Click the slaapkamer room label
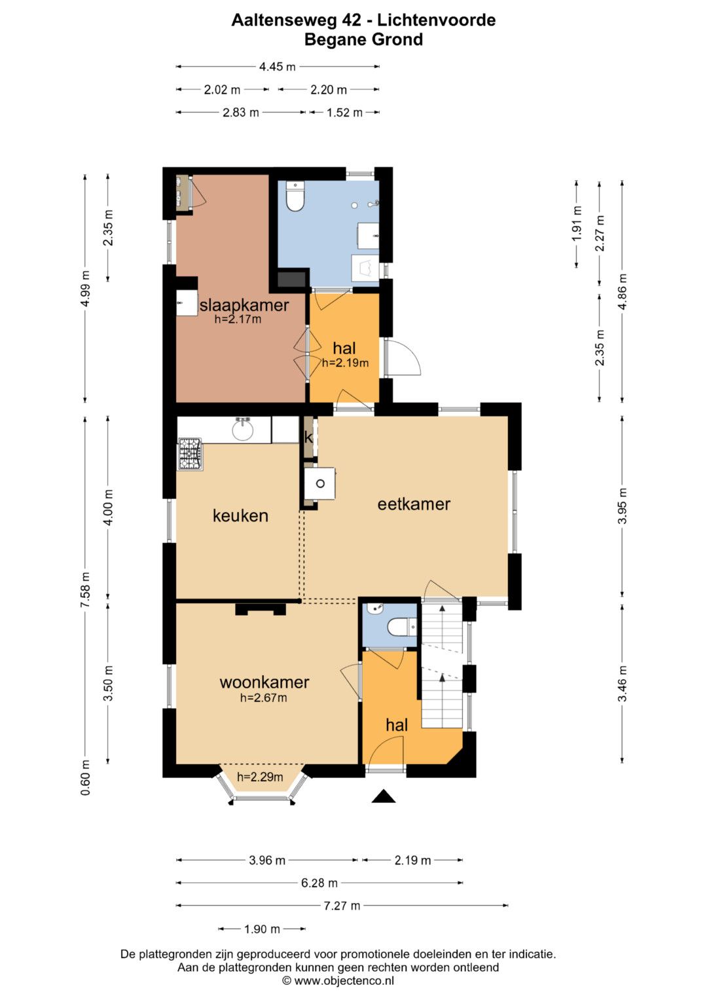tap(244, 305)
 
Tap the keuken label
tap(240, 515)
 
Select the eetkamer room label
tap(414, 504)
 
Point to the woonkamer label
tap(264, 682)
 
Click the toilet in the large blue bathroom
tap(295, 196)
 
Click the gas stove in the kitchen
tap(190, 454)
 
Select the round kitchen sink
tap(243, 430)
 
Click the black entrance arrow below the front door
tap(384, 796)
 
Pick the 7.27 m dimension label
tap(342, 906)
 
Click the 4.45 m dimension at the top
tap(277, 67)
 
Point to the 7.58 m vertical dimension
tap(85, 589)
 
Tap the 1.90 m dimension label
tap(262, 929)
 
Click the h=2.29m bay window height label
tap(260, 777)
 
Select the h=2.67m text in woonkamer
tap(263, 697)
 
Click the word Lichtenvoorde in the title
tap(436, 20)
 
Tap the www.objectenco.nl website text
tap(344, 980)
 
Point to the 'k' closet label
tap(308, 437)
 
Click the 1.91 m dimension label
tap(577, 223)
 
